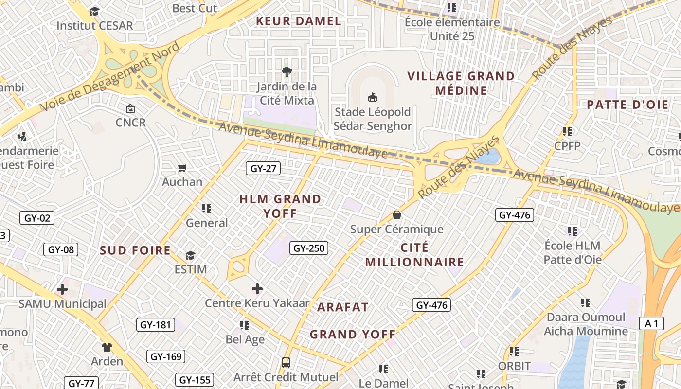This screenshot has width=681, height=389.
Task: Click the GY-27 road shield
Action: (263, 169)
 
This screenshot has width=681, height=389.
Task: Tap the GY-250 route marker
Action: (309, 248)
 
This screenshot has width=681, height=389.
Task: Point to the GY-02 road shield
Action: (37, 218)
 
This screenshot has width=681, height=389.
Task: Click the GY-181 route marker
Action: (155, 325)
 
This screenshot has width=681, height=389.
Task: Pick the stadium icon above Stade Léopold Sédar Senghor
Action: (373, 98)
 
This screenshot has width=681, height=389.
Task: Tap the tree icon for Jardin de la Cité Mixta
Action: (287, 72)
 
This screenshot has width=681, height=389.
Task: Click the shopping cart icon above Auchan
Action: (182, 168)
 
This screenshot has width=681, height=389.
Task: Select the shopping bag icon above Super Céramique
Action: (397, 215)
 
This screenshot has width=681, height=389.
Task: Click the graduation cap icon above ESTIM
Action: (190, 255)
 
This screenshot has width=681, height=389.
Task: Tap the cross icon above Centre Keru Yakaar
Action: (257, 289)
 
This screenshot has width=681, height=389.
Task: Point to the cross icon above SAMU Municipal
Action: (62, 290)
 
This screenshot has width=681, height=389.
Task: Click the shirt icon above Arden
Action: (107, 347)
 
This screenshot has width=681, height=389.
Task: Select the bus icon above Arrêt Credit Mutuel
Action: (286, 363)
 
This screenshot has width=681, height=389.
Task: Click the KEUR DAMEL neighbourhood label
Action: (299, 21)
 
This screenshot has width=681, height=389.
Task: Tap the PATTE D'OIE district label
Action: (627, 105)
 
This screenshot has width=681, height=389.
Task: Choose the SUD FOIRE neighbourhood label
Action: (135, 250)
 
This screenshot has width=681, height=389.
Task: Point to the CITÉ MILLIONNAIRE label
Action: (415, 255)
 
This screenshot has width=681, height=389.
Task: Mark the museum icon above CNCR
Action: (130, 108)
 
